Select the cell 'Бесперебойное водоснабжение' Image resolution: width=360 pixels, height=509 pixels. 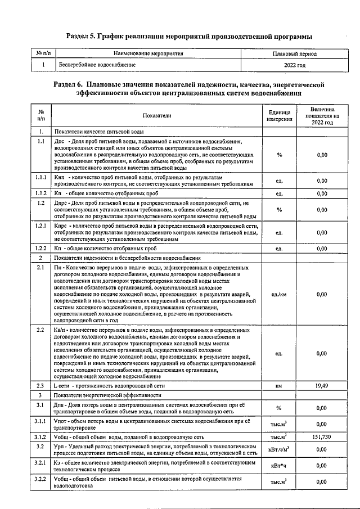[97, 65]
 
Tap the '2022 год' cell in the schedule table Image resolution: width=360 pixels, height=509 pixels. [294, 65]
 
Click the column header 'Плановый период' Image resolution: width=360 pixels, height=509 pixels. [294, 54]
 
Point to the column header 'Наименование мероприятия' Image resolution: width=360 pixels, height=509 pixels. [148, 54]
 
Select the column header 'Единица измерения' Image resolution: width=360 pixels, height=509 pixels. [279, 115]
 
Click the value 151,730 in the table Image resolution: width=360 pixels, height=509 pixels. [322, 436]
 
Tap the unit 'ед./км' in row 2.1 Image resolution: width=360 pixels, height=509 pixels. [279, 294]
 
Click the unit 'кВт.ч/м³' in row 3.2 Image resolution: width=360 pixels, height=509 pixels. [279, 449]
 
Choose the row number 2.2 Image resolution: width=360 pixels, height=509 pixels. [41, 329]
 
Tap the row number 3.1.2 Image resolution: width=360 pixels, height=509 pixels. [41, 436]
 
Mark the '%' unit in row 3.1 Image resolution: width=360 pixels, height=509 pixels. [279, 408]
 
